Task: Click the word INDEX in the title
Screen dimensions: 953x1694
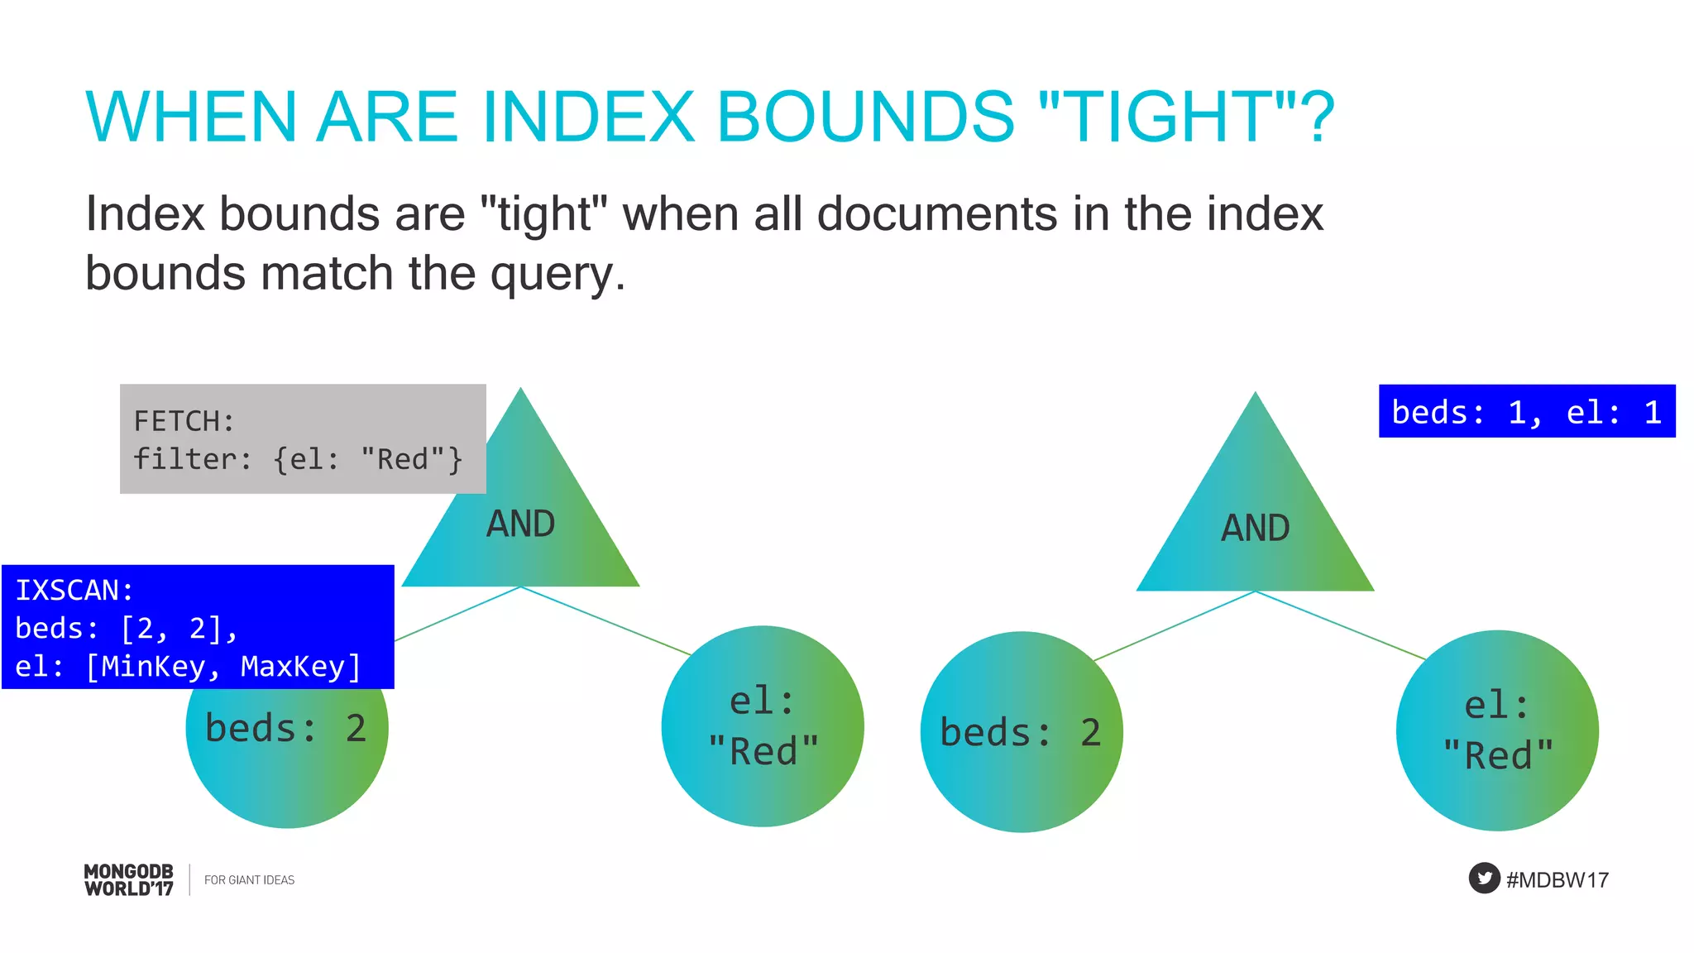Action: point(588,117)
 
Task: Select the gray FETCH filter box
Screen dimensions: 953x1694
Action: point(302,439)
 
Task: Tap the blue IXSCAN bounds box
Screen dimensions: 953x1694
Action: point(198,627)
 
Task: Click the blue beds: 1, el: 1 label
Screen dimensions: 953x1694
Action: point(1526,411)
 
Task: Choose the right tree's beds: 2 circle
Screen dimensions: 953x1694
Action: point(1021,732)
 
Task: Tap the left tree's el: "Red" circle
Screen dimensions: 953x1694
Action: point(763,726)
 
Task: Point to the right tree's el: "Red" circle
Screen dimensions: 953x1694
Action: point(1497,730)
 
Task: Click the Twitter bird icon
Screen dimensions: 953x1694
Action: point(1484,878)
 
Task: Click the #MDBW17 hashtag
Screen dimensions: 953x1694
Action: point(1558,879)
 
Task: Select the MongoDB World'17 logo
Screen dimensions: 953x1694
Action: point(129,879)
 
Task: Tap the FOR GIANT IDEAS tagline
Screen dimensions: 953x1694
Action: point(249,880)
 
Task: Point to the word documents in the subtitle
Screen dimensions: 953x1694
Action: point(936,213)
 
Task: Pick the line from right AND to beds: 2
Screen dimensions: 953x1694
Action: point(1175,625)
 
